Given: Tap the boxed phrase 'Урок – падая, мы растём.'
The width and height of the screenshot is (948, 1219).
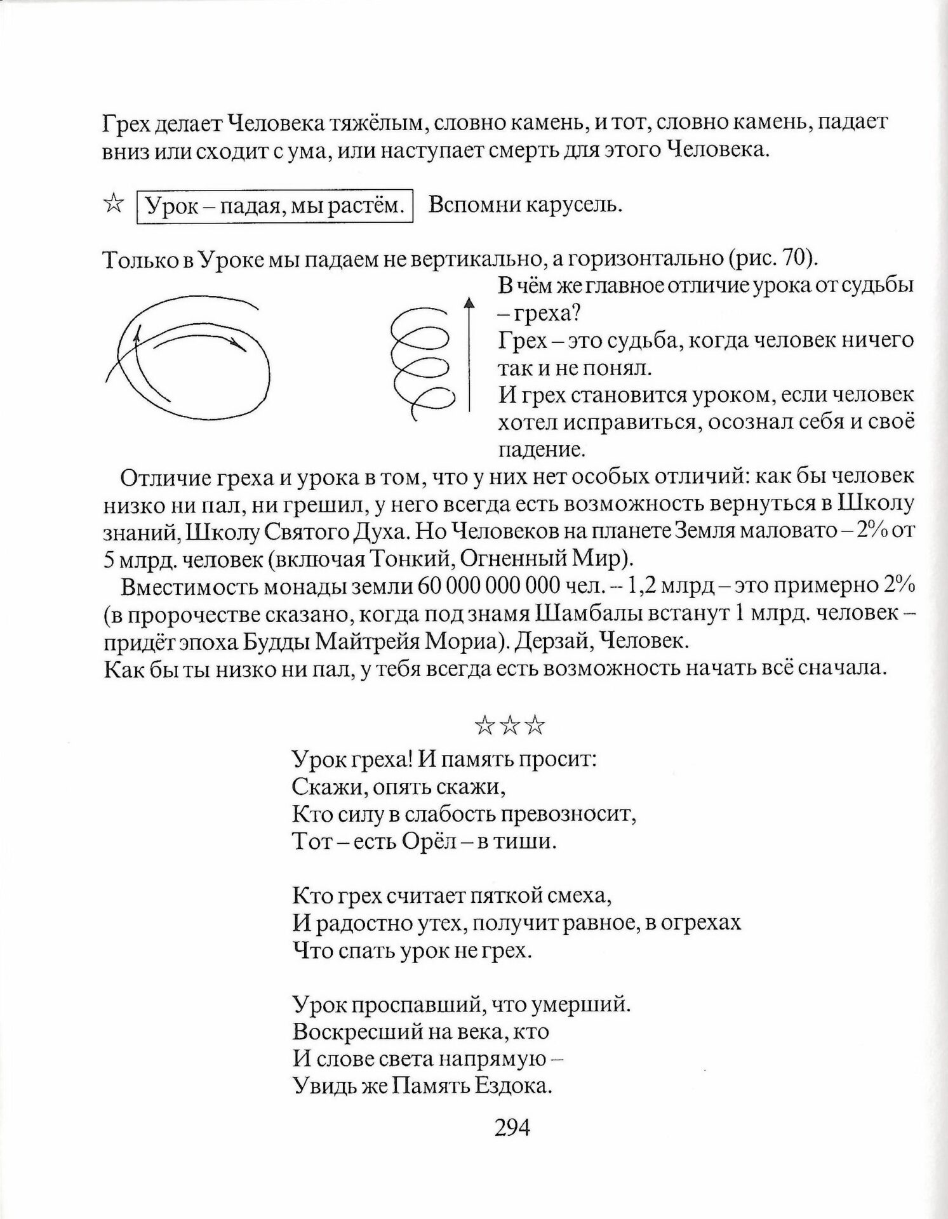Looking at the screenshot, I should pos(276,206).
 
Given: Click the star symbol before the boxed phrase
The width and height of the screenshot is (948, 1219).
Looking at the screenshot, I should pos(113,205).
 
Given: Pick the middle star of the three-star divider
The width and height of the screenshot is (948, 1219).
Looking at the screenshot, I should pos(510,725).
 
